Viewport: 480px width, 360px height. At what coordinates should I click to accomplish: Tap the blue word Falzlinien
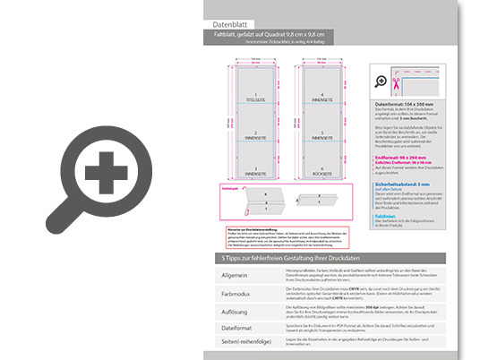[x=386, y=215]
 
